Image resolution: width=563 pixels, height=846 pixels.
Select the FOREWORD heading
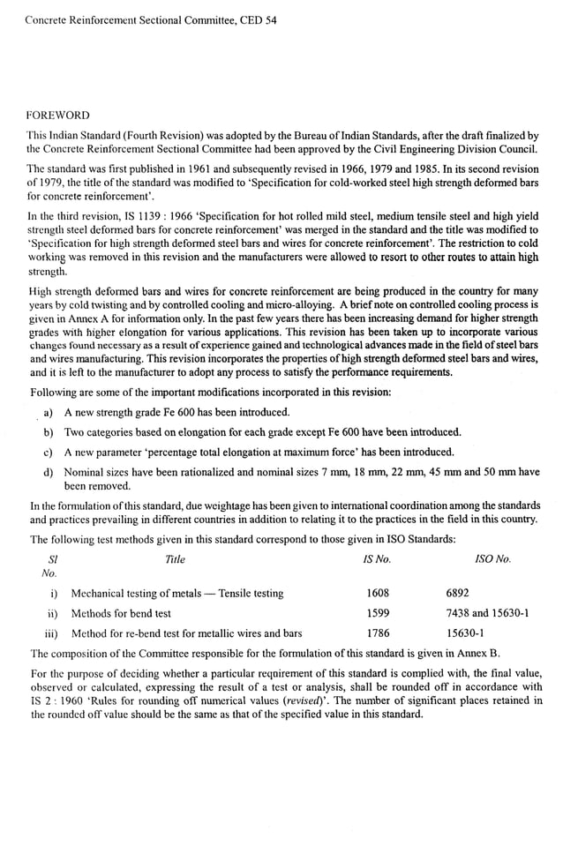click(x=57, y=115)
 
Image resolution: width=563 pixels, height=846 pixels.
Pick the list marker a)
click(x=49, y=412)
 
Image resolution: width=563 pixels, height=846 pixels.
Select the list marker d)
click(x=49, y=472)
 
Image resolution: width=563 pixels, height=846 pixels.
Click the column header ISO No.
click(x=492, y=559)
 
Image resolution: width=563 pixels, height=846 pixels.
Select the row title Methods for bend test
click(x=121, y=613)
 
